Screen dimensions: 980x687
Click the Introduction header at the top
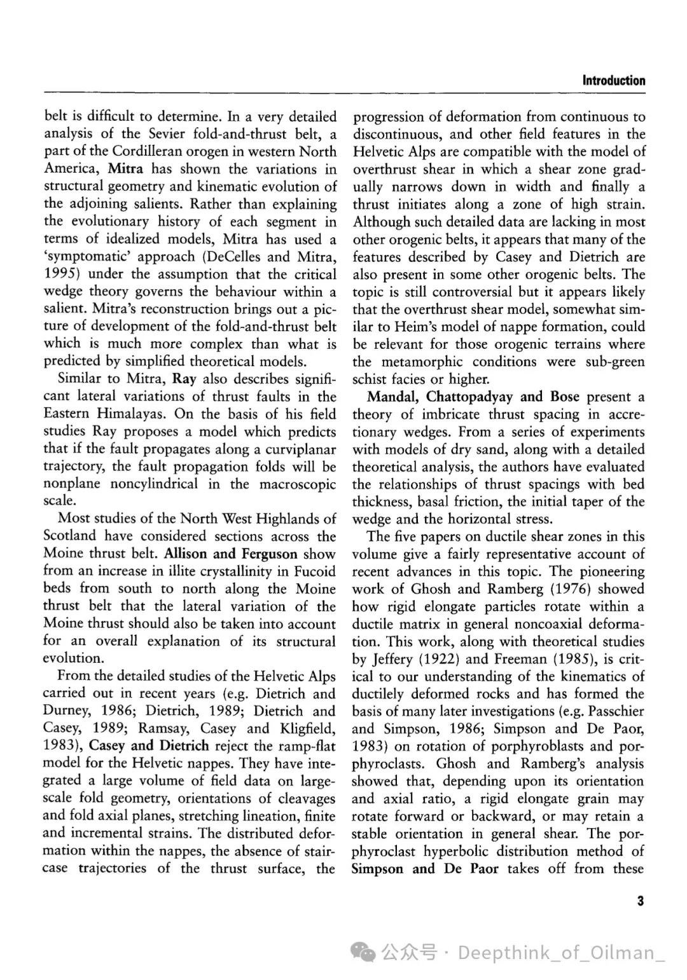pyautogui.click(x=613, y=81)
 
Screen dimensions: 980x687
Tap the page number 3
pyautogui.click(x=641, y=901)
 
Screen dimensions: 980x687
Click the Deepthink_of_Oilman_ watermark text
pyautogui.click(x=561, y=953)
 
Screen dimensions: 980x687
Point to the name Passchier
pyautogui.click(x=616, y=711)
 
